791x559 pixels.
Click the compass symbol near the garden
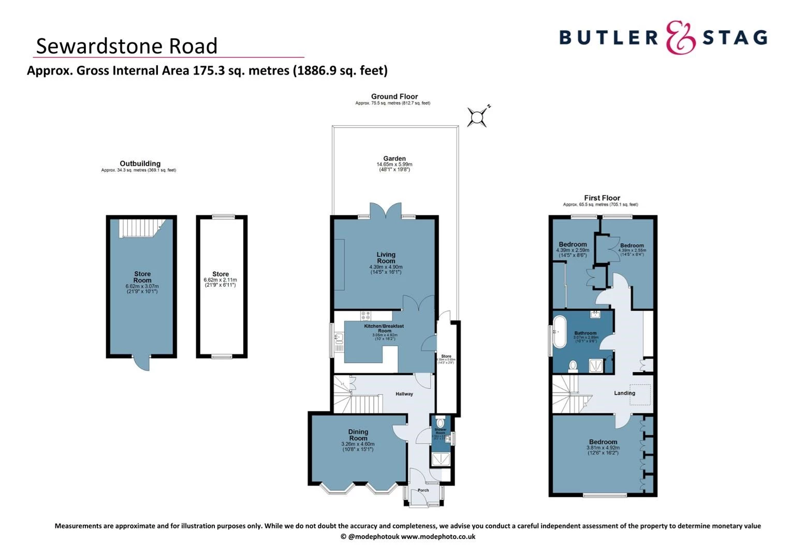(477, 117)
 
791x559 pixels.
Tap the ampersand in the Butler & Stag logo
(680, 37)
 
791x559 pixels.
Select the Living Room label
(386, 258)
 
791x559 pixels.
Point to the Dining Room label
(358, 435)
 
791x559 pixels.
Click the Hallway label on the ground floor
(404, 394)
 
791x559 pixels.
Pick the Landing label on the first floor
(624, 393)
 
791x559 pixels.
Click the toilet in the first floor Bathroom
(573, 366)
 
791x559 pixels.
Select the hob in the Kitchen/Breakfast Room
(366, 315)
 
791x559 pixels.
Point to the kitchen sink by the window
(339, 338)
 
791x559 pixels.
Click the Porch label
(423, 490)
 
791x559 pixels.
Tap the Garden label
(394, 158)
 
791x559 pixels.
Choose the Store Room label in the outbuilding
(142, 277)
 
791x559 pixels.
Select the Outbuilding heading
(140, 164)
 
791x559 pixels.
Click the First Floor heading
(602, 198)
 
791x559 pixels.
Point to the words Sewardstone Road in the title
(126, 46)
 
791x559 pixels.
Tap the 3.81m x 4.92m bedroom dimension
(603, 448)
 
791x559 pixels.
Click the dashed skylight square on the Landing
(640, 395)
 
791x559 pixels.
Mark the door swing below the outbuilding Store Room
(141, 363)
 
